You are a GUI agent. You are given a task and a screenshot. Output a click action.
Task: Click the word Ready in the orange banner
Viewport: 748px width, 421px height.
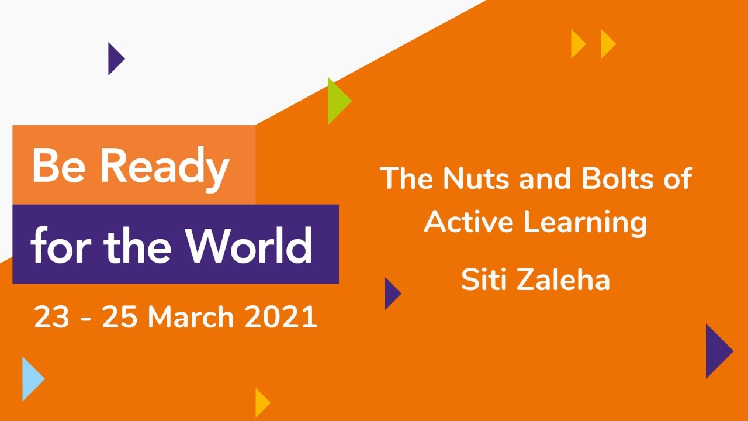[165, 167]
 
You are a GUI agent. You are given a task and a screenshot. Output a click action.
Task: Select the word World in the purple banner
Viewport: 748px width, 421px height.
[250, 245]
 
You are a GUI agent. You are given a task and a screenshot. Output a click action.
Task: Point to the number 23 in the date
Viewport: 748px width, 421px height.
[51, 318]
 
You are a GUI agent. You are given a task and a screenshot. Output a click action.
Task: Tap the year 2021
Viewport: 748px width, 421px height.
[281, 318]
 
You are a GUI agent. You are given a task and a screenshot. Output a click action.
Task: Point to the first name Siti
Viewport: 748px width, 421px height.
[483, 279]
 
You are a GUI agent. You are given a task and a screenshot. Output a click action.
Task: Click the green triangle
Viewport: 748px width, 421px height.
[337, 101]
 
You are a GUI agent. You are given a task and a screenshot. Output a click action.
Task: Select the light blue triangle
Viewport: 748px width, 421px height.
[31, 378]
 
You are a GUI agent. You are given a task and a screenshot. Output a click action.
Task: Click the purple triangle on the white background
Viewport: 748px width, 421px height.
[115, 58]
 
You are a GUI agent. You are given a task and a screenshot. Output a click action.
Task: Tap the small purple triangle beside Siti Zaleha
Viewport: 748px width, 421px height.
[391, 294]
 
